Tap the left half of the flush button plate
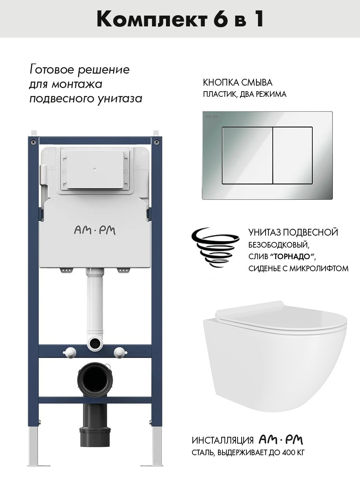click(247, 155)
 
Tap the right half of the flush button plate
click(293, 155)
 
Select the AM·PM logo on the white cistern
click(95, 231)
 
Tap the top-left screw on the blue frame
click(33, 142)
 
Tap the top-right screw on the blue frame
click(157, 142)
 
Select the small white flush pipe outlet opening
click(95, 342)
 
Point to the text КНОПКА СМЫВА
click(238, 83)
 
